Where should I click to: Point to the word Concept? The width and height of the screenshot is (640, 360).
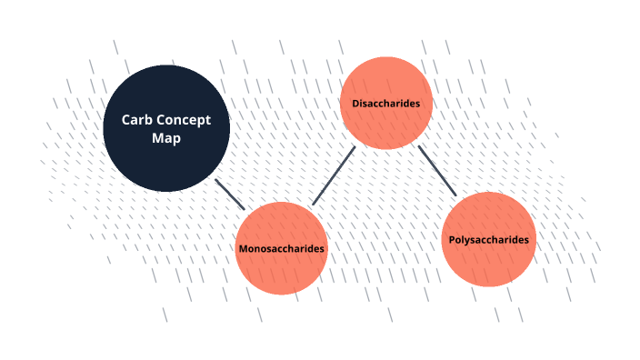180,119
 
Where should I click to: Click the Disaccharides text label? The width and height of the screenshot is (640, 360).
385,104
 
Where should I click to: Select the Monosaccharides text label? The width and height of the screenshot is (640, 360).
281,248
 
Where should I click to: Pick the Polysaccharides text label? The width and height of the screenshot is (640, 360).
488,240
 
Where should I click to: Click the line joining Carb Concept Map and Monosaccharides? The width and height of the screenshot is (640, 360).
230,194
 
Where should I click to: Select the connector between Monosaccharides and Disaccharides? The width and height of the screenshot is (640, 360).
333,175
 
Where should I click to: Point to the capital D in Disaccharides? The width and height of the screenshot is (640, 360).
355,104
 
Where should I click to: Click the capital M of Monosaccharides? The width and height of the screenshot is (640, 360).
243,248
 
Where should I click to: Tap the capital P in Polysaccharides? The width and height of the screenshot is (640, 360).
452,240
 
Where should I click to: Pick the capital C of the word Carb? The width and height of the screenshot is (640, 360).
125,119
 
